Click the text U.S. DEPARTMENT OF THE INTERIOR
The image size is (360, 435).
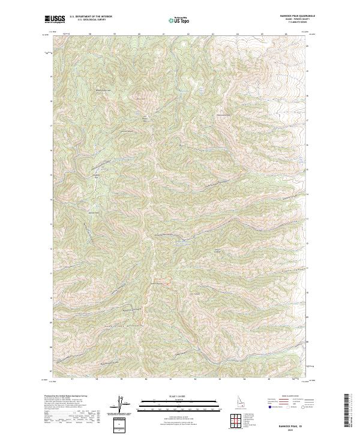pos(91,17)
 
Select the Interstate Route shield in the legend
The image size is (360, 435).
pos(267,407)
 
